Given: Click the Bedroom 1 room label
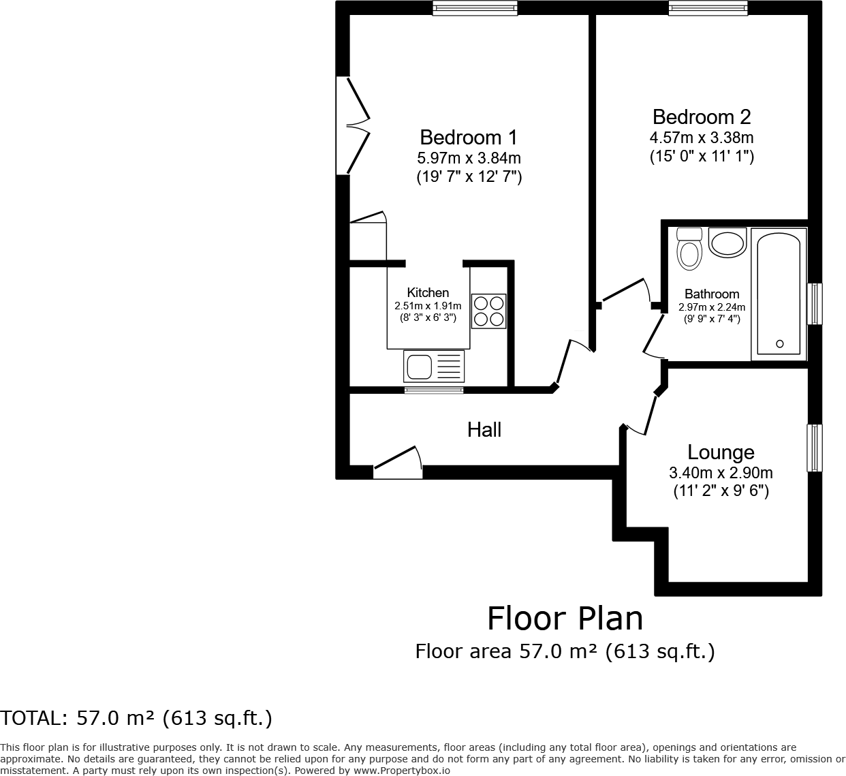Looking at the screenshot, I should click(x=469, y=137).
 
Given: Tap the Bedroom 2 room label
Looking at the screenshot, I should click(x=701, y=117).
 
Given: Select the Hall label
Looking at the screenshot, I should click(x=484, y=429).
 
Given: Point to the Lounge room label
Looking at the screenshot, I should click(x=721, y=452).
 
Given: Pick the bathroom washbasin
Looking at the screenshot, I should click(x=727, y=243).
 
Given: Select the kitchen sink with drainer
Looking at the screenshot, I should click(x=434, y=367).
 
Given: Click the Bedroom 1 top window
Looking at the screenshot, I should click(x=475, y=7).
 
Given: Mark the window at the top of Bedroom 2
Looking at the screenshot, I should click(x=708, y=7).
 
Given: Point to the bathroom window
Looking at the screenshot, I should click(x=815, y=304).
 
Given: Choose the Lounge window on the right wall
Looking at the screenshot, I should click(x=815, y=448).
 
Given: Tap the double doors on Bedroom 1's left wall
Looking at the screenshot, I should click(x=354, y=125).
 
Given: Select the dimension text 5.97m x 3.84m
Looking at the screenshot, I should click(x=469, y=158).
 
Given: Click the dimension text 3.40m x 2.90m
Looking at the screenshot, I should click(x=721, y=473).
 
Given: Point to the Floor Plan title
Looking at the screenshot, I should click(x=565, y=619).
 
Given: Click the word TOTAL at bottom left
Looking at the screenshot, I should click(x=31, y=718).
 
